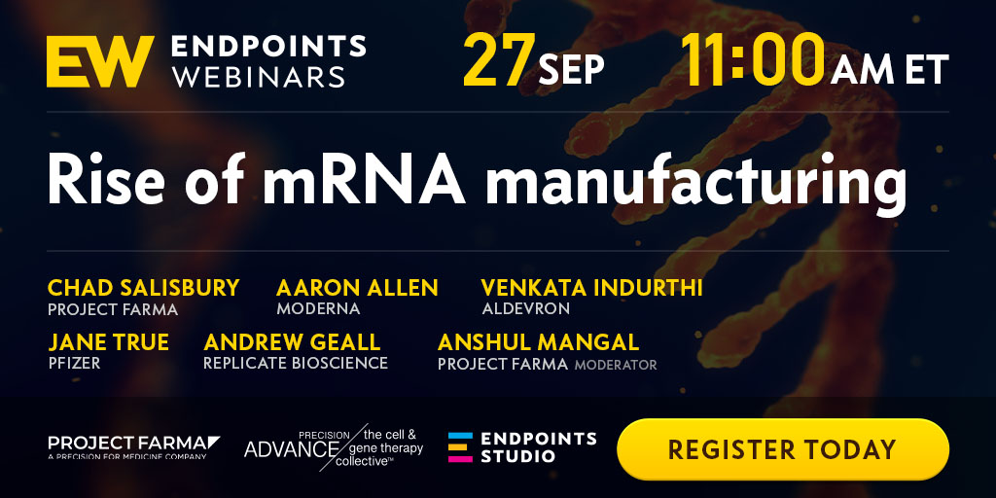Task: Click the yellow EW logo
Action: coord(100,61)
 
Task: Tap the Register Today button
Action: coord(783,449)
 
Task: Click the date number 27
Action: coord(499,61)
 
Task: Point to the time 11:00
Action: coord(753,60)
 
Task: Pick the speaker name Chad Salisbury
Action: coord(144,288)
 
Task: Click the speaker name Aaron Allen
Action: coord(357,288)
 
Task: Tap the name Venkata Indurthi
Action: coord(592,288)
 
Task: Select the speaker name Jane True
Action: coord(109,342)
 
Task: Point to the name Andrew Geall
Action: coord(292,342)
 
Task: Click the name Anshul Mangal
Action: coord(538,342)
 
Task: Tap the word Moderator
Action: coord(616,366)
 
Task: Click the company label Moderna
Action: coord(318,309)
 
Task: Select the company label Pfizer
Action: coord(74,364)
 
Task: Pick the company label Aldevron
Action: coord(526,309)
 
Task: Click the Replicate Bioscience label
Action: coord(296,364)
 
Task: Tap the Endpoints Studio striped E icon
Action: coord(460,447)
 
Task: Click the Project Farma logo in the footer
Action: coord(134,446)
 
